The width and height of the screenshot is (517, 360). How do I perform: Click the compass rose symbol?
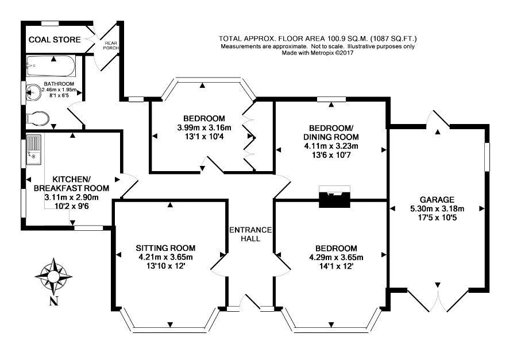tap(53, 276)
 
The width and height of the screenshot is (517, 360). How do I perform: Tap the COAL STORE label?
tap(55, 40)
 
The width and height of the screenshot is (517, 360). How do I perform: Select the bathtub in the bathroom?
tap(51, 65)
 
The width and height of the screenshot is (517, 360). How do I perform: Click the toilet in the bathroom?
tap(37, 118)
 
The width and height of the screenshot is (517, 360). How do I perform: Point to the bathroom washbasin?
tap(34, 92)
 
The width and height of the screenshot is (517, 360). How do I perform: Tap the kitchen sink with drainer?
tap(34, 149)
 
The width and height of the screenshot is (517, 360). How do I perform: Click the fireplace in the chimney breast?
tap(334, 196)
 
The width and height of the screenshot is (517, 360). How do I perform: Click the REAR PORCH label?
tap(110, 45)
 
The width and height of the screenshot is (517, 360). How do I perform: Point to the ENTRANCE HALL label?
tap(250, 234)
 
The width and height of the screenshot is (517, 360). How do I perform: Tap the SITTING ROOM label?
tap(165, 248)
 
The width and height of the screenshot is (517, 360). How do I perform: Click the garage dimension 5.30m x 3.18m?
tap(437, 208)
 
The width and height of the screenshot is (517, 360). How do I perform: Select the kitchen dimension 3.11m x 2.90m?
tap(72, 198)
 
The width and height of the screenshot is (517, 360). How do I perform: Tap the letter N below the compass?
tap(54, 301)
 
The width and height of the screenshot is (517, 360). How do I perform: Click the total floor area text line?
tap(318, 38)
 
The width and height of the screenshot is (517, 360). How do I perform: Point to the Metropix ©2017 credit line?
tap(318, 53)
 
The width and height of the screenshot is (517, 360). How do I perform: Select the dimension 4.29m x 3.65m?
tap(336, 257)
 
